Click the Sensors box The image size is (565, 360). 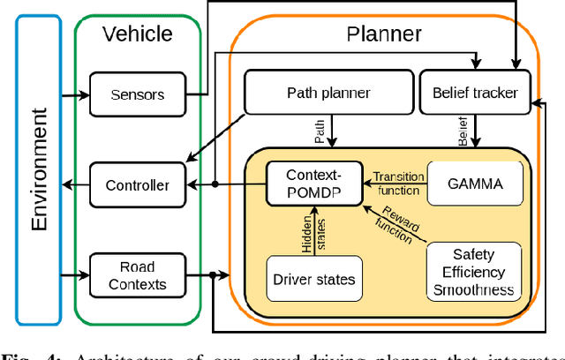point(137,94)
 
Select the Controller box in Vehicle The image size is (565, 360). point(137,185)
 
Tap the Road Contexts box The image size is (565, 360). point(137,275)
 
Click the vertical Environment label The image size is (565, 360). point(38,169)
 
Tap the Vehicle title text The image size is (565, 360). point(137,34)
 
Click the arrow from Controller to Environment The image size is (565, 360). point(75,185)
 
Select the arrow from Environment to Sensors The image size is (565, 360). point(75,94)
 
